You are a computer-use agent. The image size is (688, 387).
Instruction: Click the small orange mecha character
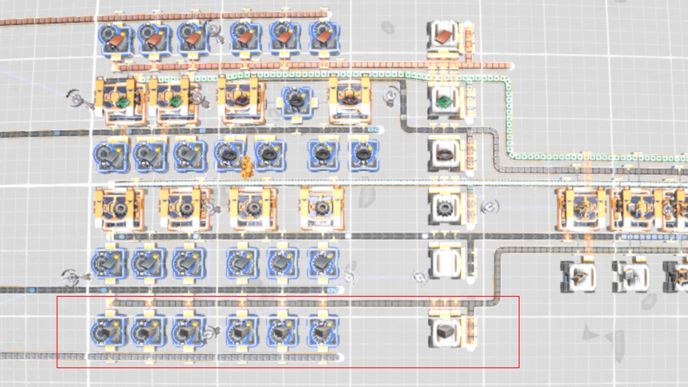247,167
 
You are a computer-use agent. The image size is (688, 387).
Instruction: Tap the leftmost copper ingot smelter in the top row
115,38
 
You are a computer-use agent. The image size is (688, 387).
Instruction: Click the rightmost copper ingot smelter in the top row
324,38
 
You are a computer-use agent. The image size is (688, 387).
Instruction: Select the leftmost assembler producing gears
119,208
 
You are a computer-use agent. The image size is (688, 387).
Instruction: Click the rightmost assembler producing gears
322,207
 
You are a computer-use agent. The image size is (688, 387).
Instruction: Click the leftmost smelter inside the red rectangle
109,332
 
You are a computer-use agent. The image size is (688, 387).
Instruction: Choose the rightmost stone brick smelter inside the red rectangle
322,332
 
